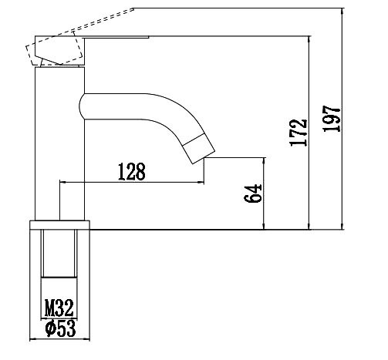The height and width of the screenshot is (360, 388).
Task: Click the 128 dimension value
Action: click(132, 171)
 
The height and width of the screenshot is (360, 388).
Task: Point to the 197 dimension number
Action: click(332, 119)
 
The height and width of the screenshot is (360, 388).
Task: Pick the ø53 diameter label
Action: click(59, 328)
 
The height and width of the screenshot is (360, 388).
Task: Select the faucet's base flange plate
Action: click(60, 225)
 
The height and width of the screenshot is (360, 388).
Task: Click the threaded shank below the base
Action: click(60, 254)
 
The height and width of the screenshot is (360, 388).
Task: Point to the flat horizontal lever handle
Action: click(116, 37)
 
